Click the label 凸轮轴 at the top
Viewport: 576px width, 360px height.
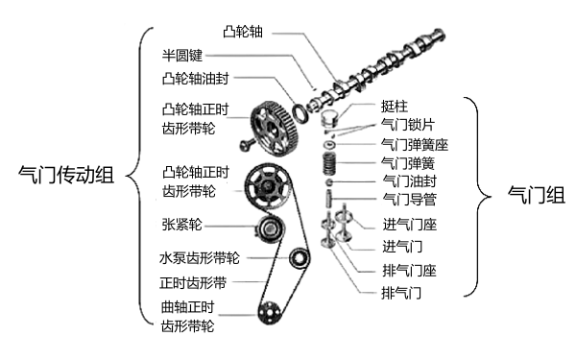click(x=242, y=33)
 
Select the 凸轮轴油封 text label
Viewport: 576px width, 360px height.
click(x=196, y=77)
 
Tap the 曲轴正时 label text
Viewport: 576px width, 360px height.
click(x=187, y=308)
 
